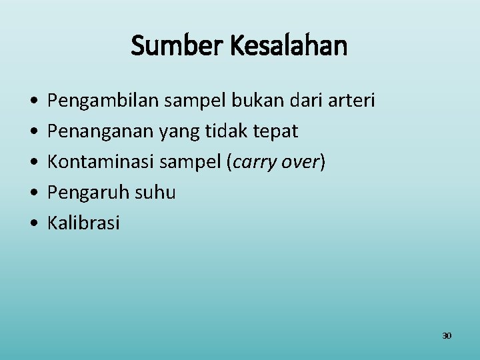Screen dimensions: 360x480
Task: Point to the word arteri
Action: click(x=351, y=101)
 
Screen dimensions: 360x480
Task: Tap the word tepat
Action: click(x=276, y=132)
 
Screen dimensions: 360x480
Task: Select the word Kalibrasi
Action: click(x=83, y=223)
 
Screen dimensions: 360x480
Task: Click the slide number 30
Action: click(x=447, y=335)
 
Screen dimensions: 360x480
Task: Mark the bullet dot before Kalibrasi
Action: click(x=33, y=223)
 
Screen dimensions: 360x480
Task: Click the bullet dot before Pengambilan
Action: click(x=33, y=101)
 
